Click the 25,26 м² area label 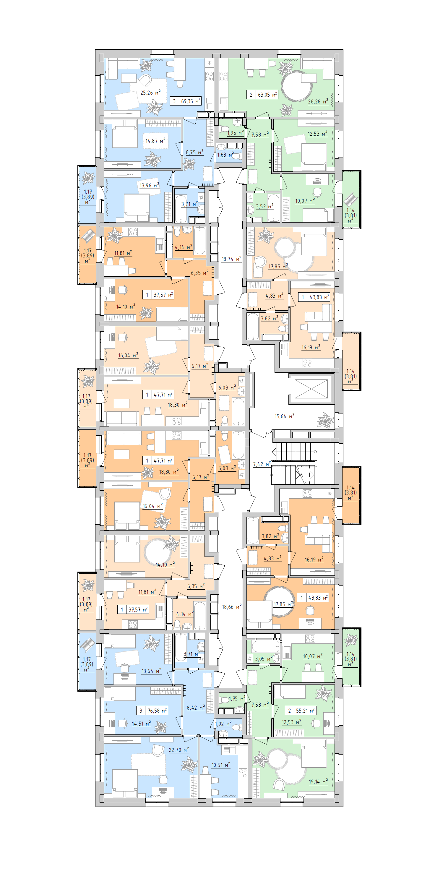[150, 93]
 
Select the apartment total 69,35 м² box [186, 101]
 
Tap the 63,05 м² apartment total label [262, 95]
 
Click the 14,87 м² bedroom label [155, 141]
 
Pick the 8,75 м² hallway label [194, 153]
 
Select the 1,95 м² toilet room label [235, 133]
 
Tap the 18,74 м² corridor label [231, 259]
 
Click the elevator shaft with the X [311, 389]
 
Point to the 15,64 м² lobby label [284, 416]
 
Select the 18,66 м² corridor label [232, 607]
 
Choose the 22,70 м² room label [179, 750]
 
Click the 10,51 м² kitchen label [220, 765]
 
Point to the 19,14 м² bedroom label [318, 781]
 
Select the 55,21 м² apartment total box [301, 711]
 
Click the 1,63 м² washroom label [225, 155]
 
